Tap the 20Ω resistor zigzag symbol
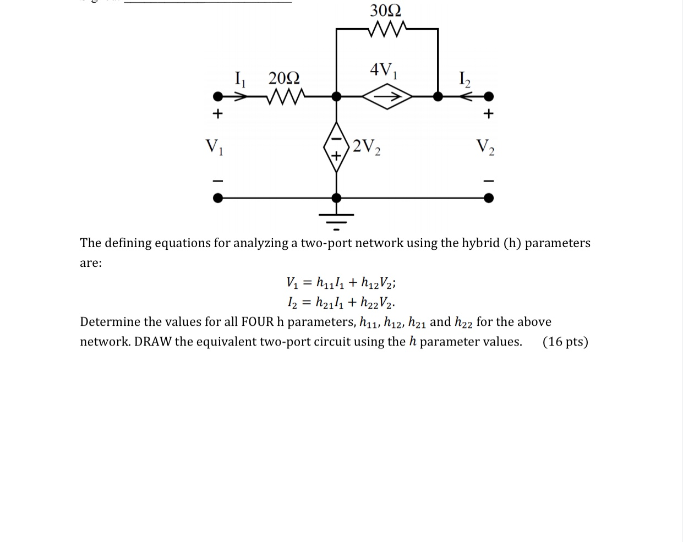tap(285, 97)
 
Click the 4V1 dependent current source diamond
tap(387, 97)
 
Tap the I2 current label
tap(465, 79)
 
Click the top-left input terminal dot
tap(218, 97)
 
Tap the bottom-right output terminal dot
tap(488, 198)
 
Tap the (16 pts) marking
tap(565, 342)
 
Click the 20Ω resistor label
tap(284, 78)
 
